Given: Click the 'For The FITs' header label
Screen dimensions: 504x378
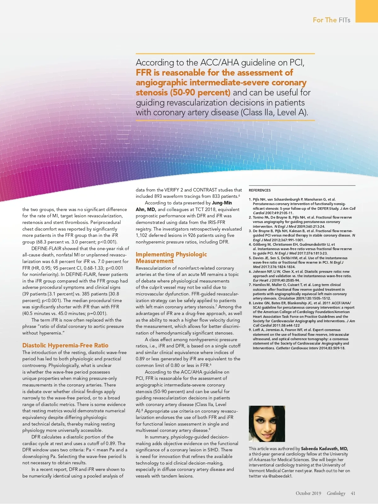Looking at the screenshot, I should pos(331,20).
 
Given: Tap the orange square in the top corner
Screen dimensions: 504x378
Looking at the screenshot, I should pos(367,11).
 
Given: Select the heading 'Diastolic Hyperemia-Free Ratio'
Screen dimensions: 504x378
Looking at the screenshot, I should pos(65,345).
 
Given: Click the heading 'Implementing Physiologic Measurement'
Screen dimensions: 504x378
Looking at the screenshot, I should pos(171,257).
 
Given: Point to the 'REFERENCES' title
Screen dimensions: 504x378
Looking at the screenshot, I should pos(260,190).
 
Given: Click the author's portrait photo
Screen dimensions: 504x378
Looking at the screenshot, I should pos(267,424).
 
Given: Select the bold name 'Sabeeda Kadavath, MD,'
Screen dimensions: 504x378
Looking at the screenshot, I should pos(324,449).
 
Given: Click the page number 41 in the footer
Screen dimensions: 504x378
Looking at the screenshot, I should pos(353,493).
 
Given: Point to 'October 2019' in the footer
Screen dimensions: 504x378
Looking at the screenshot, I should pos(308,493).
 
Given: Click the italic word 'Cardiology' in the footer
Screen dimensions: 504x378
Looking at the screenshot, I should pos(336,493).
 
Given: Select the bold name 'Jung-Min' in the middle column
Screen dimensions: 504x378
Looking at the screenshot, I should pos(222,203).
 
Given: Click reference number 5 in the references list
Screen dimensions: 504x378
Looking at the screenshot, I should pos(250,258).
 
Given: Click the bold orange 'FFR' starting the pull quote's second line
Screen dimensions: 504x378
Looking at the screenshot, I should pos(144,73).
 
